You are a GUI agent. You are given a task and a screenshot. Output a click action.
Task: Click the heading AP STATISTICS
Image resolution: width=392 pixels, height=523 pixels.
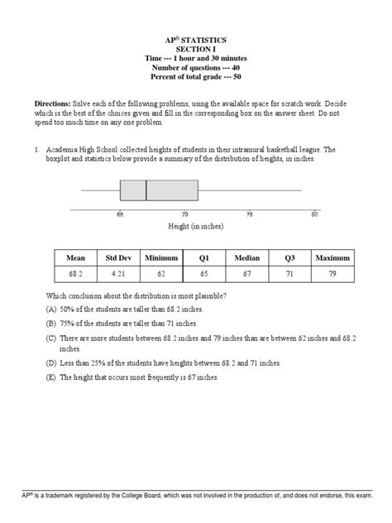(196, 39)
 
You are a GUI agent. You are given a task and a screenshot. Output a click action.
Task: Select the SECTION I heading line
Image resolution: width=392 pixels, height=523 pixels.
(196, 49)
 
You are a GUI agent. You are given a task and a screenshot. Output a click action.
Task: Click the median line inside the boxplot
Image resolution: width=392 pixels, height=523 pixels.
(146, 190)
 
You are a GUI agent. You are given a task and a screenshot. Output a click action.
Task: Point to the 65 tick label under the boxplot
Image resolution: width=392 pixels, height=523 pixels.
(120, 214)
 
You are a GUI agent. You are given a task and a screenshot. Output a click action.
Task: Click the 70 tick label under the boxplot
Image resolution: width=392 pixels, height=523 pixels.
(184, 214)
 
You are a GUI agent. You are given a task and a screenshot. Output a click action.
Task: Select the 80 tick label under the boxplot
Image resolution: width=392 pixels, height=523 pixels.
(314, 214)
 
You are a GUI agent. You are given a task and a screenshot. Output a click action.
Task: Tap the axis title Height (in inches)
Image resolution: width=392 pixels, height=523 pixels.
(196, 226)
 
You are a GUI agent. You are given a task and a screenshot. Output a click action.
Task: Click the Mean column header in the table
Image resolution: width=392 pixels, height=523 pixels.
(74, 258)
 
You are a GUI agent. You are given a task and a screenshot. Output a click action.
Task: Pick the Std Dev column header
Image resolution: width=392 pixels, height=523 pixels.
(116, 258)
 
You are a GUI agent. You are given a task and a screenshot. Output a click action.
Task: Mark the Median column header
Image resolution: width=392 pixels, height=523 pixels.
(247, 258)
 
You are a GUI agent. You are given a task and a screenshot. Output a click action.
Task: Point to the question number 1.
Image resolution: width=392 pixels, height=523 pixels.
(37, 150)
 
